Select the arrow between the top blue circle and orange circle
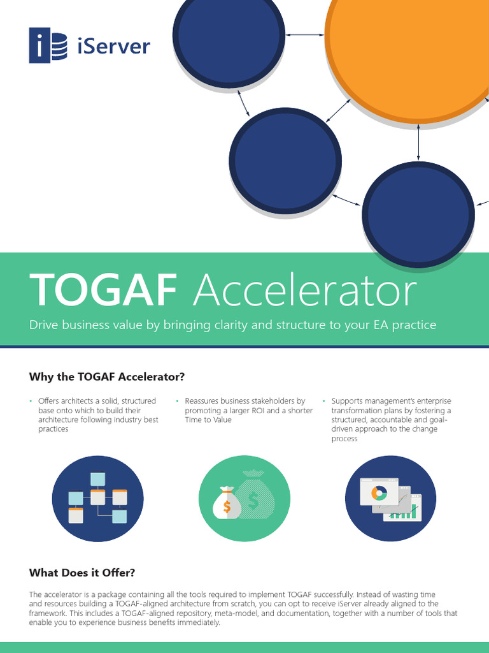305,34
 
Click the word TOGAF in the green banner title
103,290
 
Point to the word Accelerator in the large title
304,290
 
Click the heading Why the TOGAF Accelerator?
106,376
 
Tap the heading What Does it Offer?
82,572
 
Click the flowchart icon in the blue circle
97,499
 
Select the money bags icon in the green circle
244,499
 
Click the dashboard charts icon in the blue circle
390,499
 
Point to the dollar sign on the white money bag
227,506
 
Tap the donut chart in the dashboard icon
379,492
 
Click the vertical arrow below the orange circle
418,143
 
